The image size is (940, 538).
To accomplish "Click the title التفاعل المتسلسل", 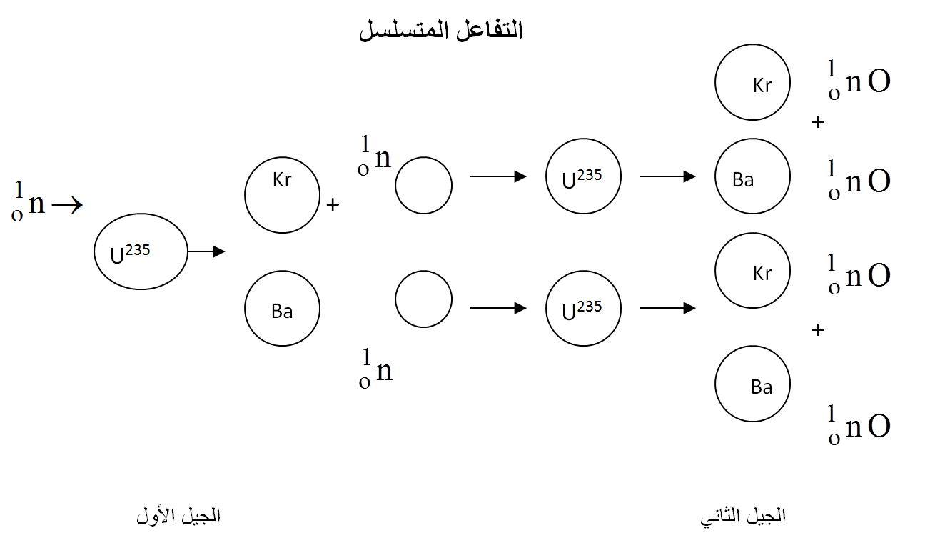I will click(x=441, y=31).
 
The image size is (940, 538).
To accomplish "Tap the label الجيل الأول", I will click(x=178, y=515).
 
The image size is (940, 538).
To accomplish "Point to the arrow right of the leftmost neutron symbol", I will click(x=68, y=206).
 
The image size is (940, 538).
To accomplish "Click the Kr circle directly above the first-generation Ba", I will click(x=282, y=195).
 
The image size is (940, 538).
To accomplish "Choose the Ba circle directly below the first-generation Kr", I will click(x=282, y=309).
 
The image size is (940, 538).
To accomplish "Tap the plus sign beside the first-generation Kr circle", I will click(x=332, y=206).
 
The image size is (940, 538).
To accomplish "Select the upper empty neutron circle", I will click(x=423, y=186).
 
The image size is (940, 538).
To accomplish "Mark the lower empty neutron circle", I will click(x=423, y=299).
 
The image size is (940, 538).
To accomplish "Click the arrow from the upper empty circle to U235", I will click(x=498, y=176).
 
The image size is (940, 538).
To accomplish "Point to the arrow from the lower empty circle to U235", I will click(x=498, y=308).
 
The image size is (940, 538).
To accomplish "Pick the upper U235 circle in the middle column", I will click(x=583, y=176).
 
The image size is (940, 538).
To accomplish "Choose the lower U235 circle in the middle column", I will click(x=583, y=308).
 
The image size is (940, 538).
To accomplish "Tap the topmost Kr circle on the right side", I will click(x=752, y=82).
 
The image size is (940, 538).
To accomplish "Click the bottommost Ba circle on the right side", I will click(x=752, y=384).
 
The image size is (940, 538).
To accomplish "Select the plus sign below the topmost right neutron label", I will click(x=818, y=122).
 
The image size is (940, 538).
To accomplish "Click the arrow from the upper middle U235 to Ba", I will click(x=667, y=176).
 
